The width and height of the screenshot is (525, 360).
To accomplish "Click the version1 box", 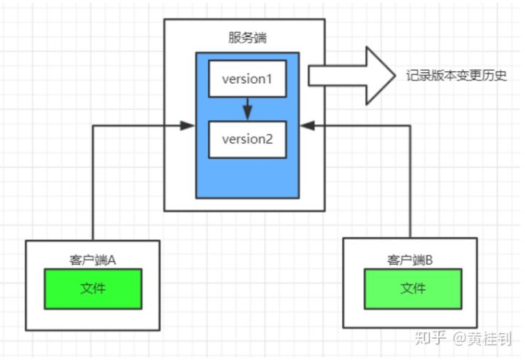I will click(246, 79).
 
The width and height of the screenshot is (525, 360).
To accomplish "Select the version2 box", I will click(246, 139).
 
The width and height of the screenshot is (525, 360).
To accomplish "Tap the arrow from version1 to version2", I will click(247, 108).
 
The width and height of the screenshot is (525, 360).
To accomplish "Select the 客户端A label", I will click(93, 259).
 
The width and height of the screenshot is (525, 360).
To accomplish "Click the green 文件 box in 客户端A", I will click(93, 289).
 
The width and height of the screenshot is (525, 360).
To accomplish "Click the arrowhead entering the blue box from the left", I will click(188, 126).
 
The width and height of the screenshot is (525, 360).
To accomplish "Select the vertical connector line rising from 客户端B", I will click(410, 182).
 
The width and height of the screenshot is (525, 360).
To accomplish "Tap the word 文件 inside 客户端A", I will click(93, 289).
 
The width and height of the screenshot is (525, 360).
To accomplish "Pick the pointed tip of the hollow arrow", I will click(392, 76).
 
